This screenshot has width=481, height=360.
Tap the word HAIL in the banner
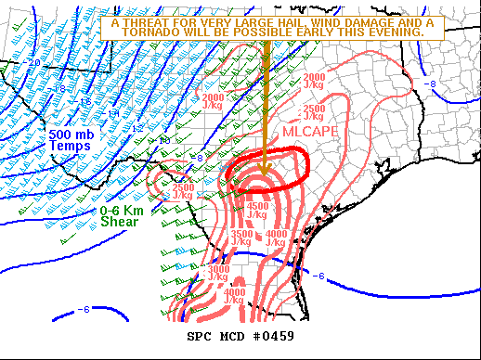click(x=283, y=21)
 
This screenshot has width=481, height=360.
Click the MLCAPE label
click(x=310, y=132)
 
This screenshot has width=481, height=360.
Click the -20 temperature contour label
click(x=33, y=63)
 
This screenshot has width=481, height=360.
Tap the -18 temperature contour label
click(x=59, y=89)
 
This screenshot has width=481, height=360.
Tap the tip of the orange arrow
click(x=266, y=174)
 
